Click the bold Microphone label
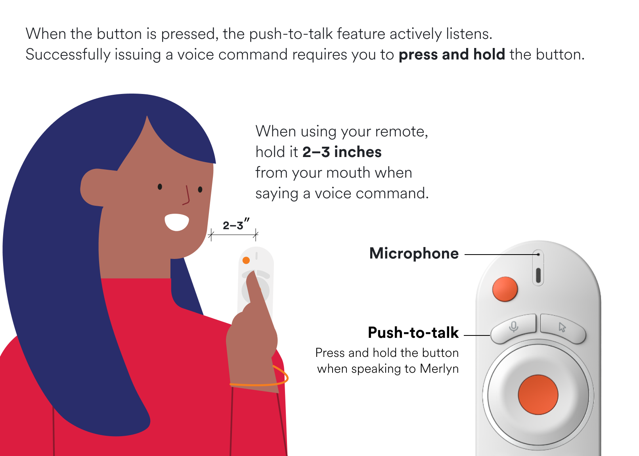pyautogui.click(x=413, y=253)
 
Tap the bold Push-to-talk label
pyautogui.click(x=413, y=332)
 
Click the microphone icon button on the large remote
pyautogui.click(x=514, y=328)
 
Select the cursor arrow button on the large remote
pyautogui.click(x=562, y=328)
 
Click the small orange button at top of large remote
pyautogui.click(x=505, y=289)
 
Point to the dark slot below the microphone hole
pyautogui.click(x=538, y=275)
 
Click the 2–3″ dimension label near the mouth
pyautogui.click(x=236, y=224)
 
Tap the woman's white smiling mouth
pyautogui.click(x=177, y=222)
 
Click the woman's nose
pyautogui.click(x=186, y=195)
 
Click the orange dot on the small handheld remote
pyautogui.click(x=246, y=260)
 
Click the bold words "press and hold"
pyautogui.click(x=452, y=54)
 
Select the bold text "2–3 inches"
pyautogui.click(x=342, y=152)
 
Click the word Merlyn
pyautogui.click(x=439, y=369)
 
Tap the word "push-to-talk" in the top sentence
pyautogui.click(x=291, y=34)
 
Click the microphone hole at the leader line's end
pyautogui.click(x=538, y=254)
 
